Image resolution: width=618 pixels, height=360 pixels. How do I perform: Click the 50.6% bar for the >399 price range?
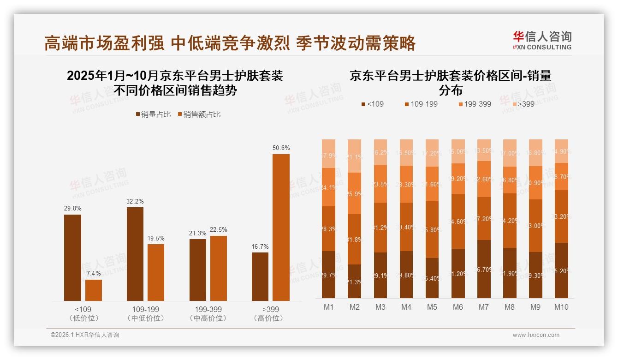[281, 227]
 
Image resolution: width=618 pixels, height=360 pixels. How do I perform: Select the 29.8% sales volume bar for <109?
[72, 258]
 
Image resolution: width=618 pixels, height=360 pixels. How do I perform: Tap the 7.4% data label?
[94, 274]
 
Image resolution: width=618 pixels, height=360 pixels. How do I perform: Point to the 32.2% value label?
[135, 202]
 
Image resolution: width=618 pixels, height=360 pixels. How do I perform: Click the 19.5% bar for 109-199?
[156, 272]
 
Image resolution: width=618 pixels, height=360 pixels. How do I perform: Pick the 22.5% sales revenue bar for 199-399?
[219, 268]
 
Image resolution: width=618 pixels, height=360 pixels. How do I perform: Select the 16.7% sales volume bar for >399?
[260, 276]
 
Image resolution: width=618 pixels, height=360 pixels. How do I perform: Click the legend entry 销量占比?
[154, 114]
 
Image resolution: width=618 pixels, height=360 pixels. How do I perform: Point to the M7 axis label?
[484, 307]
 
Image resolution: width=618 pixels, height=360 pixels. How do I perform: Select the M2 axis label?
[354, 307]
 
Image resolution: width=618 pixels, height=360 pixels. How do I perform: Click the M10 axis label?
[561, 307]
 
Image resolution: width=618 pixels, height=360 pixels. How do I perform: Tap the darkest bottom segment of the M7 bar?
[484, 269]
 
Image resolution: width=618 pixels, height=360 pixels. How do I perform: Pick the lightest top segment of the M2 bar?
[354, 156]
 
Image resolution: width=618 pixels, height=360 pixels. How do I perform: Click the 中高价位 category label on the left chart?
[208, 318]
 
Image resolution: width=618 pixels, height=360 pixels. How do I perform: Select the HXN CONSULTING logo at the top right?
[542, 40]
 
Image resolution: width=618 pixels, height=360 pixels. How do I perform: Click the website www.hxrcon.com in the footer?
[536, 335]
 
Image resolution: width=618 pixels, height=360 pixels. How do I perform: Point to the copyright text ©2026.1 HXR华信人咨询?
[85, 335]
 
